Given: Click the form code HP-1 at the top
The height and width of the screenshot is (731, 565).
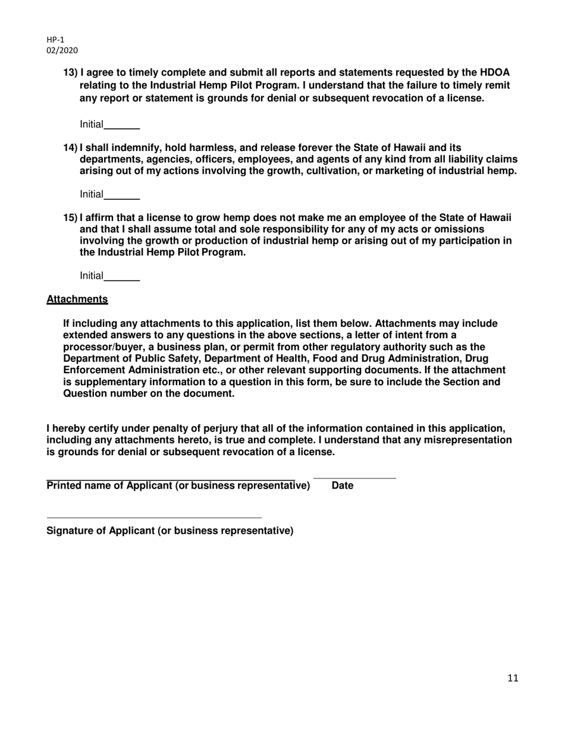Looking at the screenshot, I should (x=55, y=40).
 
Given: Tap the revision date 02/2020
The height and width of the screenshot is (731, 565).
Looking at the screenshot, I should (x=62, y=51).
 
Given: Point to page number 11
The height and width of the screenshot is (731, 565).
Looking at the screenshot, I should (x=513, y=678).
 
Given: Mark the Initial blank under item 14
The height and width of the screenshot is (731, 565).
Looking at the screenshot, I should (x=121, y=196).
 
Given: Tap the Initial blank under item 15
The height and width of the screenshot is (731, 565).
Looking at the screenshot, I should (x=121, y=277).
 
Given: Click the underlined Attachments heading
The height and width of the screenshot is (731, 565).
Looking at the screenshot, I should (x=77, y=300).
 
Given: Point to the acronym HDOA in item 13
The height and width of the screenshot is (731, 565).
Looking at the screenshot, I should (x=495, y=73).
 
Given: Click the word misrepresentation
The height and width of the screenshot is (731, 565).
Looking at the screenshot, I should (x=468, y=440).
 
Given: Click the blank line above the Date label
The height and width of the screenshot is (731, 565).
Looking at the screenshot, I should (x=354, y=478).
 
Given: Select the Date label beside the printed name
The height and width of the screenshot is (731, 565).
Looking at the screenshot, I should (x=343, y=486).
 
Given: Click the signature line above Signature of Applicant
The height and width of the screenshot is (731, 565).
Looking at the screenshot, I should (x=154, y=518).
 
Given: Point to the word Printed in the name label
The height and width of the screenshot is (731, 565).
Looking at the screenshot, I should (x=64, y=486).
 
